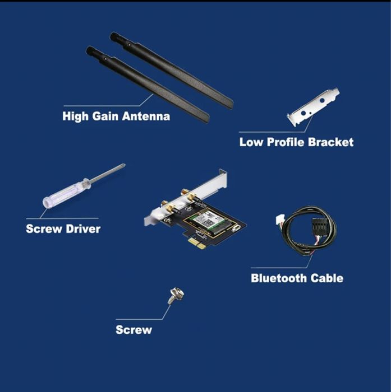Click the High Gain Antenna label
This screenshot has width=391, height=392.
tap(116, 116)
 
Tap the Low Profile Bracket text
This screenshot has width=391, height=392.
tap(296, 142)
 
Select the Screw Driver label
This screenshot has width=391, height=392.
tap(63, 228)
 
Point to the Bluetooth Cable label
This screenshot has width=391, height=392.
tap(297, 278)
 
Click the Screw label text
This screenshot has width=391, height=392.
tap(134, 329)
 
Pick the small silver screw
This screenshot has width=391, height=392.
tap(172, 296)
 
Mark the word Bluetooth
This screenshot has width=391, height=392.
tap(279, 278)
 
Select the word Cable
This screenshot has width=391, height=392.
tap(326, 278)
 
